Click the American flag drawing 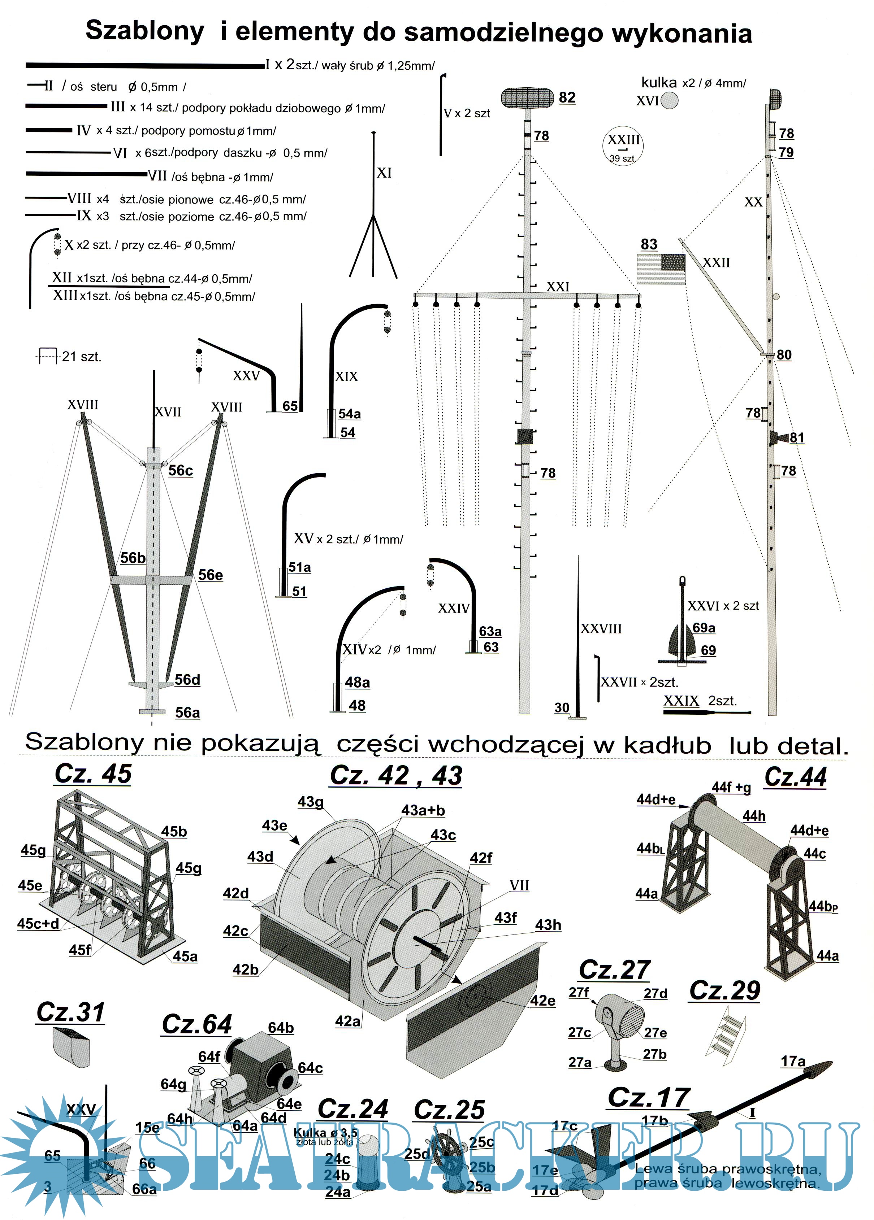point(661,269)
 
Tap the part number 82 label point(567,97)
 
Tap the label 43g point(311,802)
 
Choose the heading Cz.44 point(795,777)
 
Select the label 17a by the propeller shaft point(793,1061)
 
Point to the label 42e point(542,1001)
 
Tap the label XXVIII point(601,629)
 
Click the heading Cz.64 point(197,1024)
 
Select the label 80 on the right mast point(784,355)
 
